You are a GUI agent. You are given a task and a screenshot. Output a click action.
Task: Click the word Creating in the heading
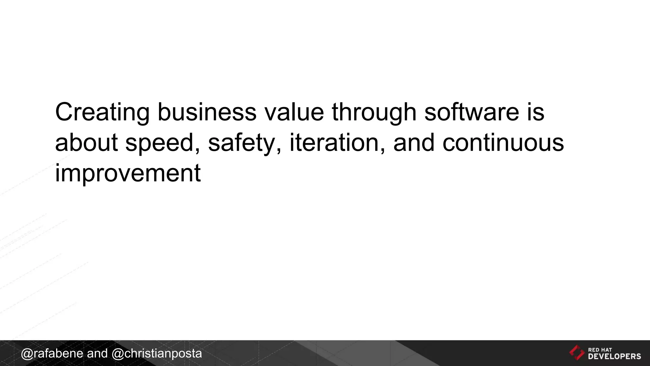(102, 112)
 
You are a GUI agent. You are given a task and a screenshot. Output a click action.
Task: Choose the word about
(86, 142)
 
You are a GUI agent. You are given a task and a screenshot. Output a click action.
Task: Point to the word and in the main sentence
(414, 142)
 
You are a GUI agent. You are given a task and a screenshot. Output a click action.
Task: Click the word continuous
(503, 142)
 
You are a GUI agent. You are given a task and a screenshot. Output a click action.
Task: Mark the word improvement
(128, 173)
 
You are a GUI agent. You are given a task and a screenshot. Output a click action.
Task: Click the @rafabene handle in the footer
(52, 354)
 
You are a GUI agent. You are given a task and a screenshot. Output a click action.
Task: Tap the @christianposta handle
(157, 354)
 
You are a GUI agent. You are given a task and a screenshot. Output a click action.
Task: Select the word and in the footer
(97, 354)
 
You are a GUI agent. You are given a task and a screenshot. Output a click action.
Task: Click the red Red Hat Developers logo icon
(577, 353)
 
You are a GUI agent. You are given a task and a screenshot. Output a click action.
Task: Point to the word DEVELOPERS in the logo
(614, 356)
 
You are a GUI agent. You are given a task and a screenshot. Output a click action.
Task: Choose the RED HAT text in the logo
(600, 350)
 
